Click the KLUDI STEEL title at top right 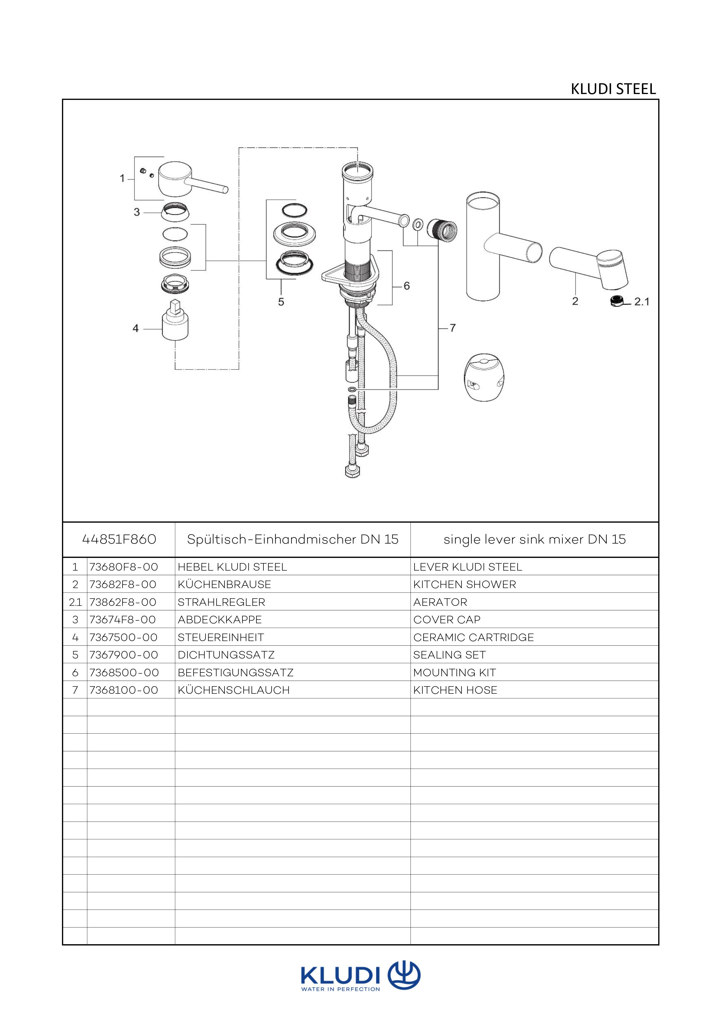click(x=613, y=89)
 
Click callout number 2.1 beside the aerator click(x=642, y=302)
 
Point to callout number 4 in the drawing click(x=136, y=329)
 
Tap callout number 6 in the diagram click(x=406, y=286)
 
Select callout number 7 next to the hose click(x=453, y=328)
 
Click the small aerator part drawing click(x=617, y=302)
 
